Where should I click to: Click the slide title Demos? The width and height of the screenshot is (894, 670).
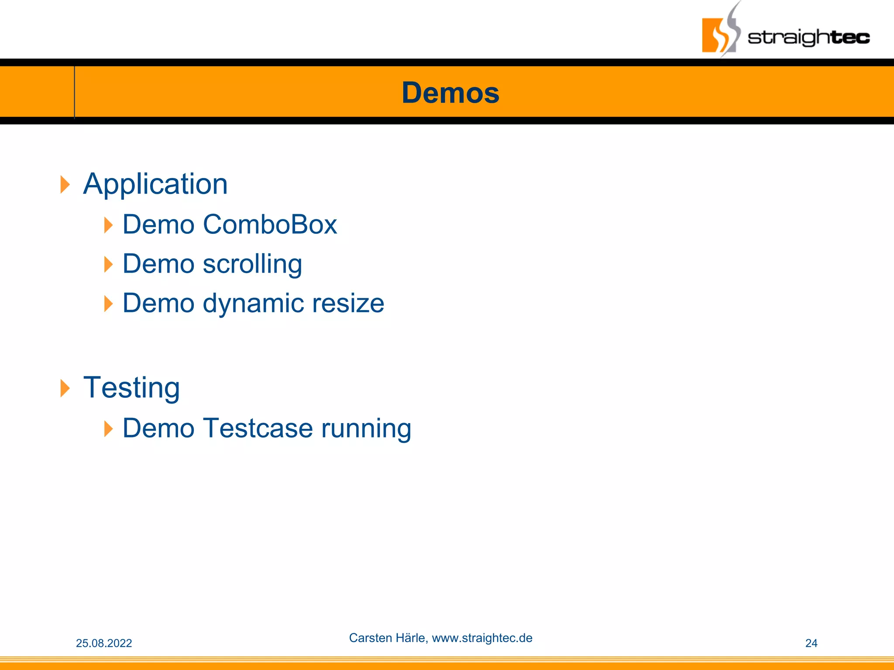click(x=450, y=93)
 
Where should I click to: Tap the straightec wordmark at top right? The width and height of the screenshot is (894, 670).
click(x=808, y=38)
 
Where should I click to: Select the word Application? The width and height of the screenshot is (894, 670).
click(x=155, y=184)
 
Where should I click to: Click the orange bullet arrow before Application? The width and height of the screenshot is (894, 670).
click(x=65, y=185)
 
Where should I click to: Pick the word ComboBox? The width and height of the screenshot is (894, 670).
click(x=270, y=225)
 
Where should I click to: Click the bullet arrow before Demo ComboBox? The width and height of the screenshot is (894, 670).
click(x=108, y=225)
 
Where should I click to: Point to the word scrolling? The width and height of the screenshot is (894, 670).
click(x=252, y=264)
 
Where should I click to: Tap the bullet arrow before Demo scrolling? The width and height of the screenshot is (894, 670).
click(x=108, y=264)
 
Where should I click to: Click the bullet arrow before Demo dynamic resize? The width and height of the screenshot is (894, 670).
click(x=108, y=304)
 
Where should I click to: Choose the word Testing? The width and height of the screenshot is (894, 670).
click(x=131, y=388)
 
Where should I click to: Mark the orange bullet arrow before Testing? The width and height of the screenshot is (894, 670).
click(x=65, y=388)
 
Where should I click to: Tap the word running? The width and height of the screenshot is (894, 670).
click(x=366, y=428)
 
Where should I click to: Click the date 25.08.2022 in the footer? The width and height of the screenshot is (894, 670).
click(x=104, y=643)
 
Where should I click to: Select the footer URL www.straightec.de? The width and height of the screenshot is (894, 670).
click(x=482, y=638)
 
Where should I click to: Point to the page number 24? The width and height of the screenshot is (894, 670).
click(x=811, y=643)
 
